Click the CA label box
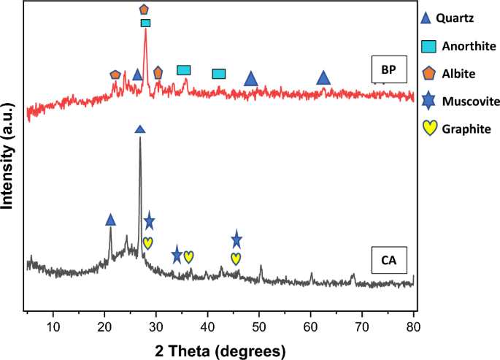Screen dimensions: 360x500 tap(388, 259)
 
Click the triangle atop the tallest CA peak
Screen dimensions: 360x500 tap(140, 129)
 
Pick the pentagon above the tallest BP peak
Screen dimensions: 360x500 tap(144, 9)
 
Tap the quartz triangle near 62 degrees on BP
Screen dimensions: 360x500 tap(323, 78)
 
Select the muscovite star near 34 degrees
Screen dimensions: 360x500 tap(177, 256)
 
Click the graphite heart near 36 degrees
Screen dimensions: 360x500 tap(188, 256)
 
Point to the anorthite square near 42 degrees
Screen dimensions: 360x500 tap(218, 74)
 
